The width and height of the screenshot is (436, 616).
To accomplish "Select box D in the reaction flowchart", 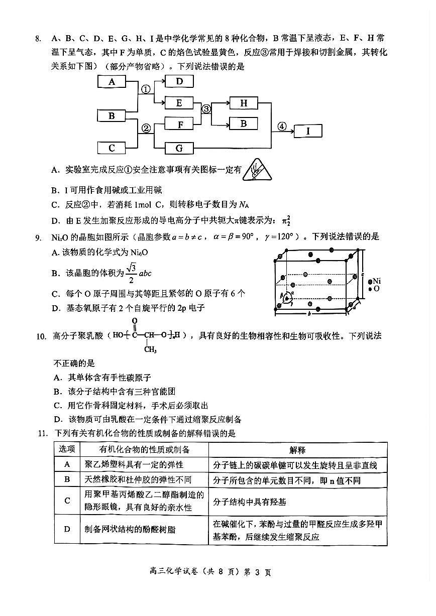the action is click(178, 81).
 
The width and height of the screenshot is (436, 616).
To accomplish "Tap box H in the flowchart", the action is click(244, 103).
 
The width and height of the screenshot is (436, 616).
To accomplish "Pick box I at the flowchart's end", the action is click(307, 132).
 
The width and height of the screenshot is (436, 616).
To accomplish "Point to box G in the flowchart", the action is click(178, 148).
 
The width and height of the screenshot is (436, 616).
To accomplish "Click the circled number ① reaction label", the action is click(146, 89).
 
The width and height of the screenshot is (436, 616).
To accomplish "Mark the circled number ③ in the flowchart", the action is click(206, 109).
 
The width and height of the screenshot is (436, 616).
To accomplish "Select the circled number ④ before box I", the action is click(282, 127).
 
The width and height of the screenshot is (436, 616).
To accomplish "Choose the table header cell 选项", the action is click(67, 450).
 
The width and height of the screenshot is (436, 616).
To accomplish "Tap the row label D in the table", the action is click(67, 530).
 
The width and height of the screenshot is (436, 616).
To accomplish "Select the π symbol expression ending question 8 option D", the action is click(286, 220).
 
